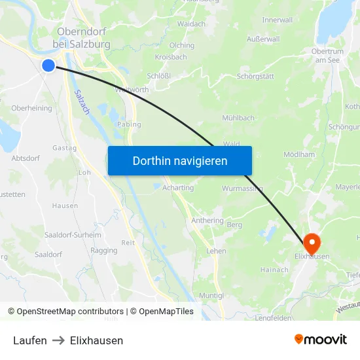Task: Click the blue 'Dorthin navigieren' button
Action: [179, 160]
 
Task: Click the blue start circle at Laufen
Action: [48, 65]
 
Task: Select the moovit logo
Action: [321, 339]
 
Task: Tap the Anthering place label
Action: [207, 221]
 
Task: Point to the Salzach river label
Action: [82, 101]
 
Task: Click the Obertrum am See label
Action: [329, 56]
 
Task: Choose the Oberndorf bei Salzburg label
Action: [82, 38]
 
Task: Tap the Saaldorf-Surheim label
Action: [72, 235]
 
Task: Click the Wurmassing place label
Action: [242, 189]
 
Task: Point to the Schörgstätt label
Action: [255, 77]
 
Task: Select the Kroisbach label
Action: [171, 57]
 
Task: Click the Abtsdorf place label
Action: [26, 158]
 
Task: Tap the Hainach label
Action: [274, 269]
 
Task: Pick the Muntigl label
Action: [211, 296]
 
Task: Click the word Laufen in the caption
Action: [30, 340]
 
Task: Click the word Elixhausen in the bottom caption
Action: [96, 340]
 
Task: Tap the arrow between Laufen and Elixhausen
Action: [58, 340]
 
